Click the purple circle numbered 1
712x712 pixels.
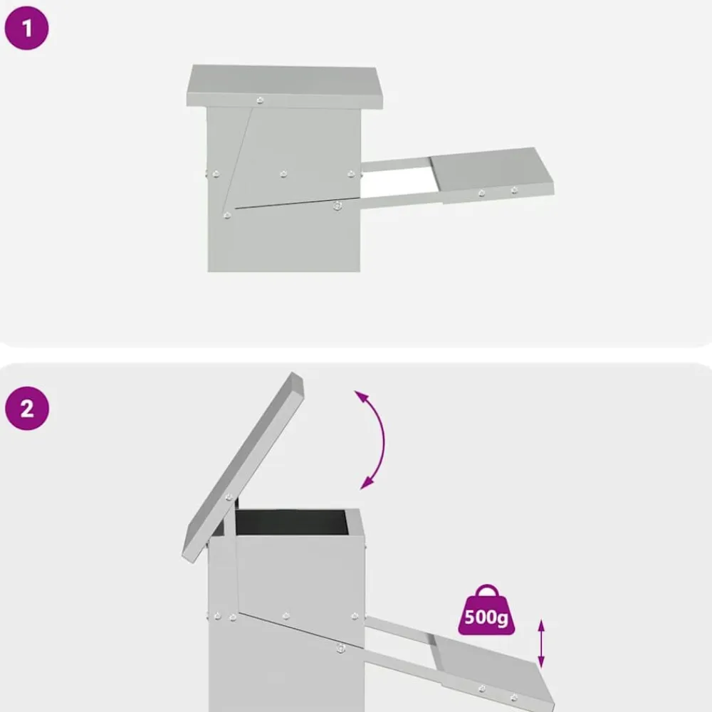click(27, 28)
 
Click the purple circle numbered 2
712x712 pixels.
click(27, 408)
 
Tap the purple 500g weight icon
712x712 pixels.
click(486, 610)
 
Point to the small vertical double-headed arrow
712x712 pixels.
click(541, 644)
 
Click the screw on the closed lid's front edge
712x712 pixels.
click(260, 100)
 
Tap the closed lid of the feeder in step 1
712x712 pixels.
click(285, 86)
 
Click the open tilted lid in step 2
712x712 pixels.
click(243, 468)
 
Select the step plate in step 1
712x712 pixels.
click(493, 175)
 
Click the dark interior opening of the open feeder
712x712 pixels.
click(290, 522)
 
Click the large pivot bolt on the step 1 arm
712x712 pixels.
click(337, 206)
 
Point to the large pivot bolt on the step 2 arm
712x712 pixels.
click(340, 648)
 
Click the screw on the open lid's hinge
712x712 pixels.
click(229, 497)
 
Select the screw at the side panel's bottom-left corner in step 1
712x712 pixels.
click(227, 215)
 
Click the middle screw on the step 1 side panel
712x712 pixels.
click(283, 174)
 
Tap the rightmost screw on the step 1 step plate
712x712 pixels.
click(514, 190)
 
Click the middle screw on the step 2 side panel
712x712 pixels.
click(286, 616)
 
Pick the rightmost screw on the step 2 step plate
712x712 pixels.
click(513, 697)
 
